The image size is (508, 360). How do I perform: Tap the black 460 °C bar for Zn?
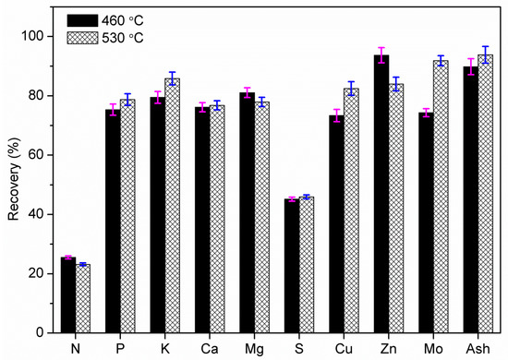coord(381,194)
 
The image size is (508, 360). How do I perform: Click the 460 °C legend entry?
coord(92,19)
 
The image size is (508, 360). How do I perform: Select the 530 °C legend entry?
coord(92,37)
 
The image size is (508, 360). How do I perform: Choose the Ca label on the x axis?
coord(209,349)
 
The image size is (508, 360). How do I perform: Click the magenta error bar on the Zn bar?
coord(381,55)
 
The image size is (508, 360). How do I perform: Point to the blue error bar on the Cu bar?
coord(351,89)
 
